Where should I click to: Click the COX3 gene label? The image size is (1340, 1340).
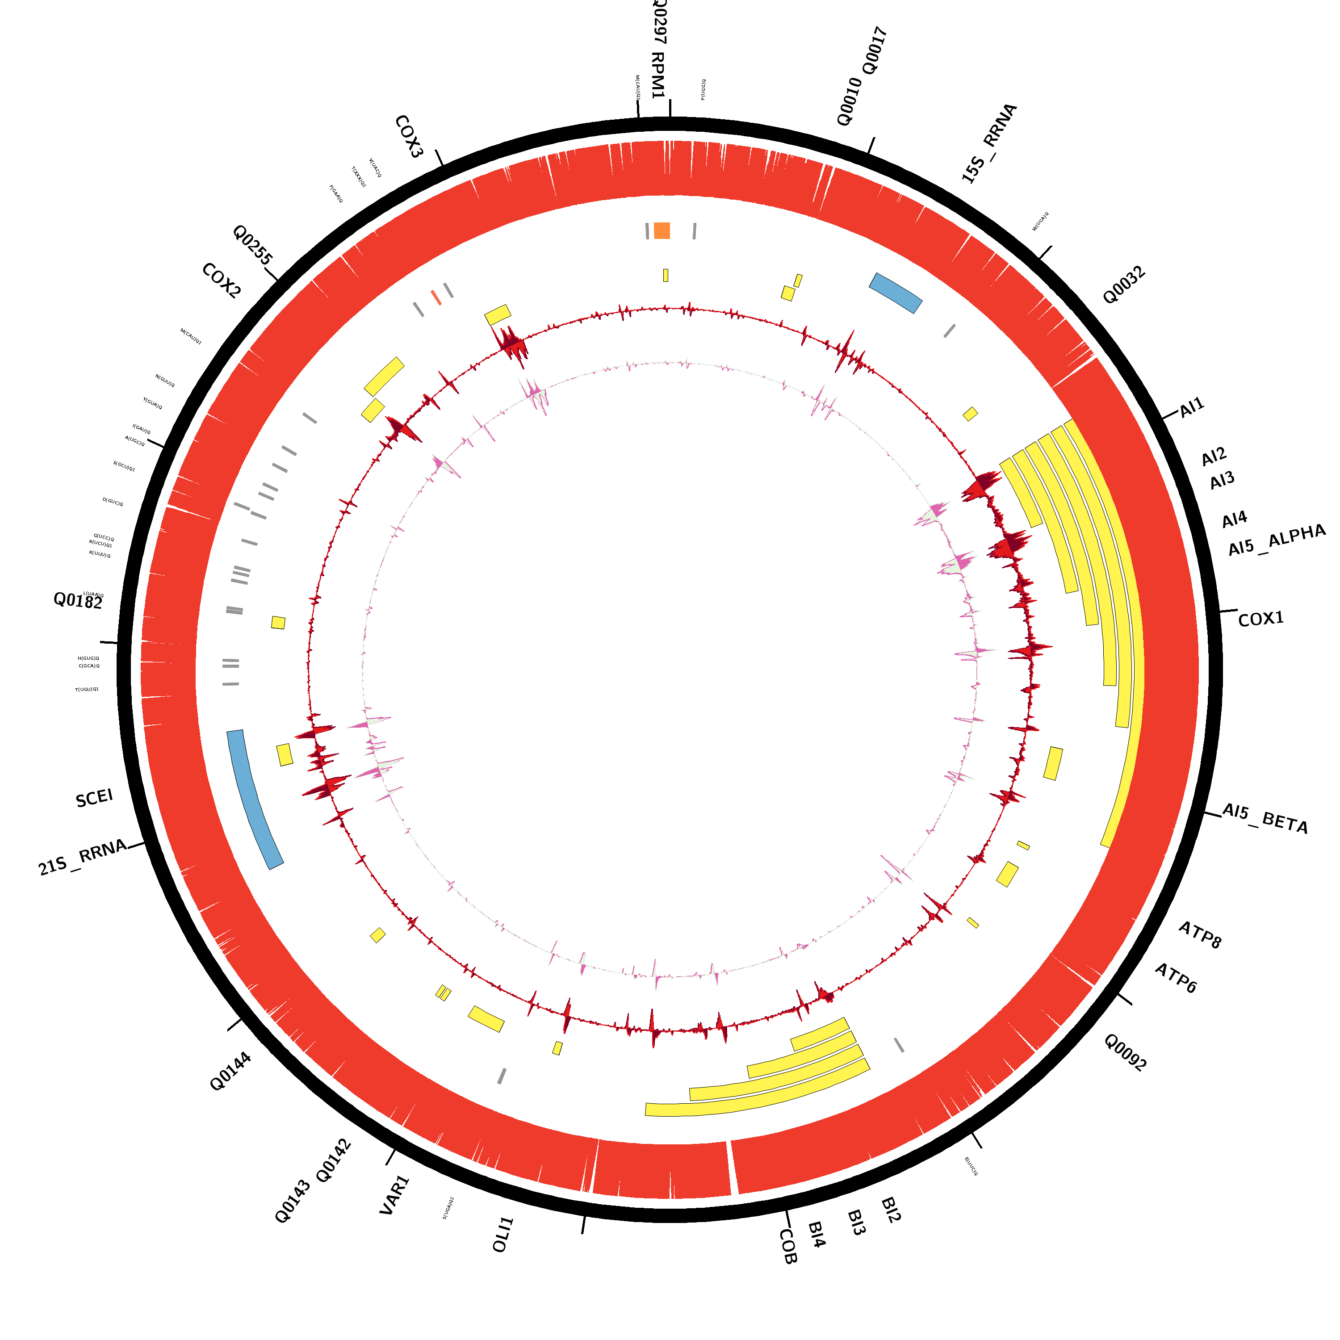[x=409, y=137]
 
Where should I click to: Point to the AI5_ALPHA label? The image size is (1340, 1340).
[x=1276, y=540]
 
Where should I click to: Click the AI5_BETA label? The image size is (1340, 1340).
[x=1265, y=818]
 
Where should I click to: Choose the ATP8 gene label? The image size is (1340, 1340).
[x=1199, y=935]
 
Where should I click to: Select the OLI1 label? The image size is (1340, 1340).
[x=503, y=1235]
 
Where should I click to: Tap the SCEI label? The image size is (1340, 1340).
[x=94, y=798]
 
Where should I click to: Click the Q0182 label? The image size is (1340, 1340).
[x=78, y=601]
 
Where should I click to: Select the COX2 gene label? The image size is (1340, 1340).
[x=221, y=281]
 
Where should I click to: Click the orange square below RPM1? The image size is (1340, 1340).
[x=662, y=230]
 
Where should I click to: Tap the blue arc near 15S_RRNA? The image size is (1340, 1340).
[x=896, y=292]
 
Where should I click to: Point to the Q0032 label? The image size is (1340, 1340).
[x=1124, y=285]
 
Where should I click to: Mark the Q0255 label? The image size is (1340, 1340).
[x=252, y=244]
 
